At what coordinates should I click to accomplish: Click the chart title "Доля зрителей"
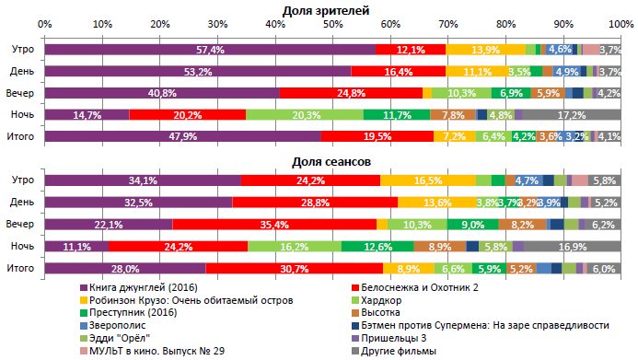[x=326, y=9]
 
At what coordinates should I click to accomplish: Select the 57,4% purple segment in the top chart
[x=210, y=49]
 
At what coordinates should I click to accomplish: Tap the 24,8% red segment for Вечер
[x=351, y=93]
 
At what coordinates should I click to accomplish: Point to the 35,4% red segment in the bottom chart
[x=274, y=224]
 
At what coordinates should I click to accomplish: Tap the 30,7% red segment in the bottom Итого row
[x=294, y=268]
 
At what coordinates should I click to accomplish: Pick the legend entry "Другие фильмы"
[x=400, y=350]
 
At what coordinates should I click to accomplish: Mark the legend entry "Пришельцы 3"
[x=397, y=338]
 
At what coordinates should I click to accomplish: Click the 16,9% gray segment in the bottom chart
[x=573, y=246]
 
